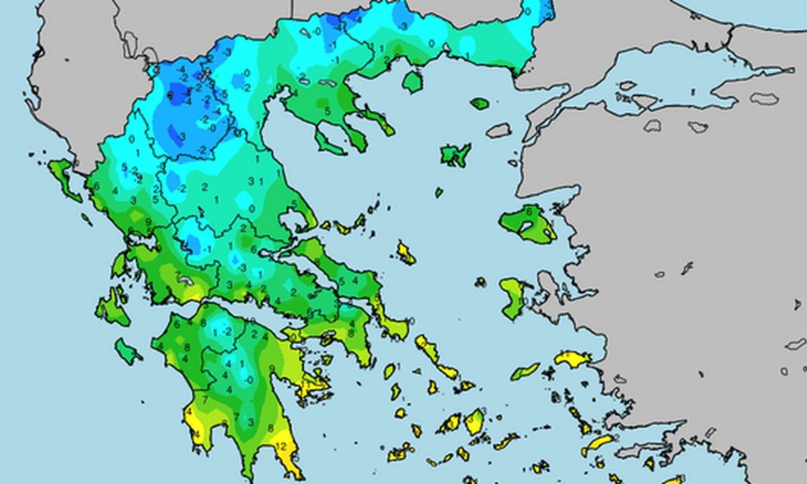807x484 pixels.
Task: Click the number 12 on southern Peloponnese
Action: pos(282,446)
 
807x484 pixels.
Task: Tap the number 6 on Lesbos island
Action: pos(529,211)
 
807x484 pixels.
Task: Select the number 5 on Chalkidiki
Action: pos(328,111)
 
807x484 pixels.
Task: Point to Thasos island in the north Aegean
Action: pos(412,81)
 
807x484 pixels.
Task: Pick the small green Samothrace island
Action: pos(479,104)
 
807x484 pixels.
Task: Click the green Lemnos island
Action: pos(455,155)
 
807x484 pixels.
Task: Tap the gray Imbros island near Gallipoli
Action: pos(498,130)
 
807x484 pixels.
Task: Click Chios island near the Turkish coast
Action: pos(512,298)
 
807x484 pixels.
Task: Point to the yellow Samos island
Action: pos(572,359)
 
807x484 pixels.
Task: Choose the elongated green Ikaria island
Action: pos(525,371)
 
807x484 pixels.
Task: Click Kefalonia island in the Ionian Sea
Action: pos(112,309)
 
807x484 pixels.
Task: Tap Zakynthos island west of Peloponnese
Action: pos(127,351)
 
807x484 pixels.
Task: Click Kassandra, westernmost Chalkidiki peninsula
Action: pos(329,143)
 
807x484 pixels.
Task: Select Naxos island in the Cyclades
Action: pos(474,421)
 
